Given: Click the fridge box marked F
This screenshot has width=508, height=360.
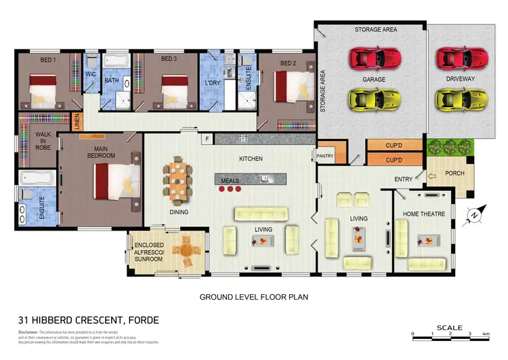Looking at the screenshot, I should coord(207,139).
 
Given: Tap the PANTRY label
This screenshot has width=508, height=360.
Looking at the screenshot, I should coord(326,156).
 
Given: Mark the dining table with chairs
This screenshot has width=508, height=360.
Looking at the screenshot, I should coord(177,180).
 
